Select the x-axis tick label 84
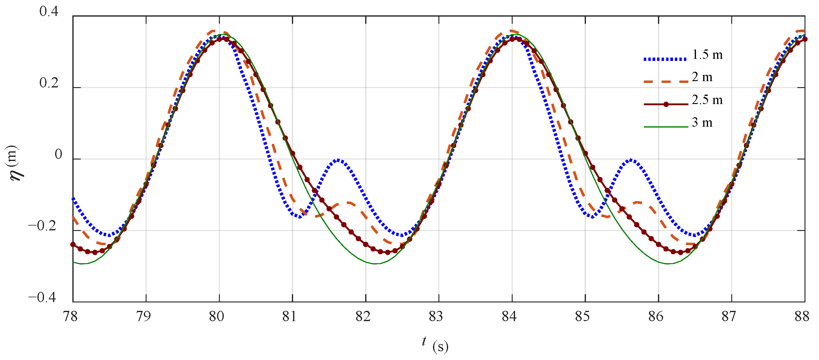509,317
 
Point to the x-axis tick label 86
656,317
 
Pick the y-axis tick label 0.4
49,11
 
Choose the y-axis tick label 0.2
49,83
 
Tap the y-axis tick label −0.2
43,226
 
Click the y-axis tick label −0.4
43,298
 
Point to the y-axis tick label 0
58,155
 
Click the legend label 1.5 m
707,55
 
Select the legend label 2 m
702,77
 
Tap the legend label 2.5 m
707,100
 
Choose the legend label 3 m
702,123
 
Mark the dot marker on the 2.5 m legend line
666,104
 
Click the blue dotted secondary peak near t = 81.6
338,160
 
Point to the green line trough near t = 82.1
375,263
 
